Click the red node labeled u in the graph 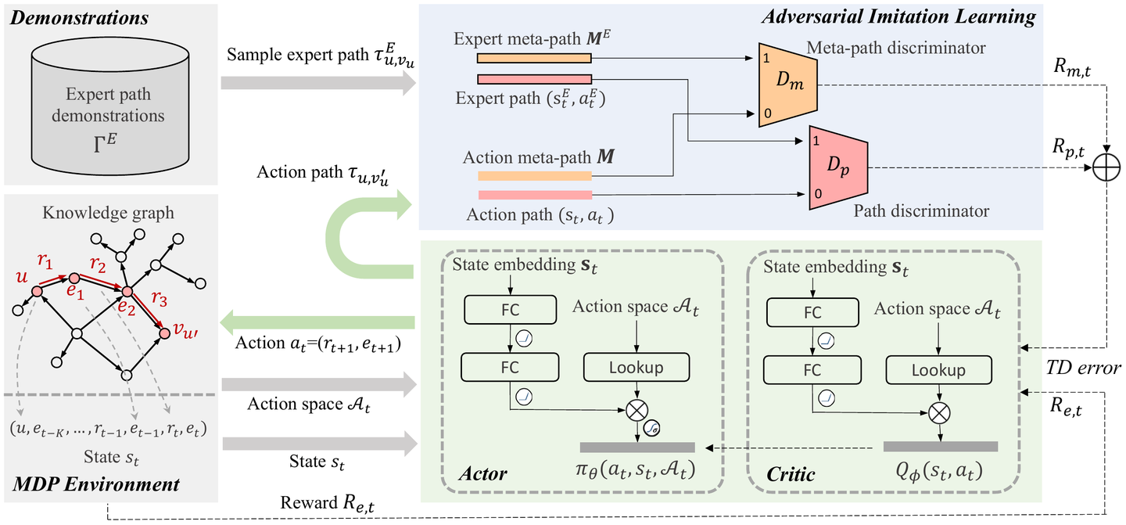[36, 291]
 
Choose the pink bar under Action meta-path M [534, 194]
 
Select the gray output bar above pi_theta [637, 447]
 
